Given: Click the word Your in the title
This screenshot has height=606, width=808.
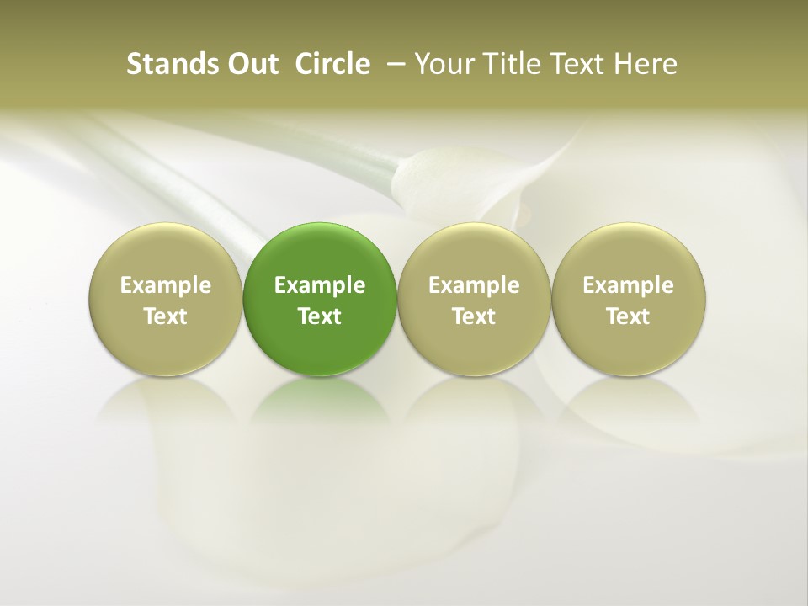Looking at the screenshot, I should tap(442, 64).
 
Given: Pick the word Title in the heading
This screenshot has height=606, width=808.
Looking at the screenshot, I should tap(507, 64).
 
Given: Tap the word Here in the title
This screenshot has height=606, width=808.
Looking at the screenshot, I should tap(646, 64).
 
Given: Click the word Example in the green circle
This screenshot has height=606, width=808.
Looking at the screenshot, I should tap(320, 286).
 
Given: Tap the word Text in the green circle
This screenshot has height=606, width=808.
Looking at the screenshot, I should tap(320, 316).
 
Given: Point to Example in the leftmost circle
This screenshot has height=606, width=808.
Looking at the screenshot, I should tap(165, 286).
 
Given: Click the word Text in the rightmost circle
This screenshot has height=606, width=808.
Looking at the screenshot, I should tap(629, 316).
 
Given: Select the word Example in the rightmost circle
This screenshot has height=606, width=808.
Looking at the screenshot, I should tap(629, 286).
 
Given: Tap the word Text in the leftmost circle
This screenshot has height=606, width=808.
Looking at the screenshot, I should tap(165, 316).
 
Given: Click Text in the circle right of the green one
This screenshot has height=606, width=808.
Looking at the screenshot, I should tap(474, 316).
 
